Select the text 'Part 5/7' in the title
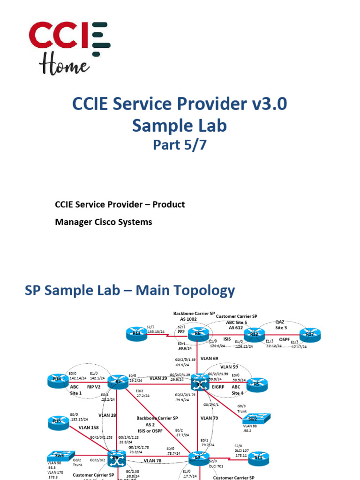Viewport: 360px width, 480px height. [180, 145]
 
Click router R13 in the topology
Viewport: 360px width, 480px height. [136, 334]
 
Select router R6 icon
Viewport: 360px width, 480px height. [198, 334]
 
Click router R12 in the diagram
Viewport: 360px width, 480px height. [254, 334]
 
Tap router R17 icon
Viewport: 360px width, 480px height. [310, 334]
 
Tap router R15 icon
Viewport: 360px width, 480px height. [57, 422]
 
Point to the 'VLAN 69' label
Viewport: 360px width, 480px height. [210, 358]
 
